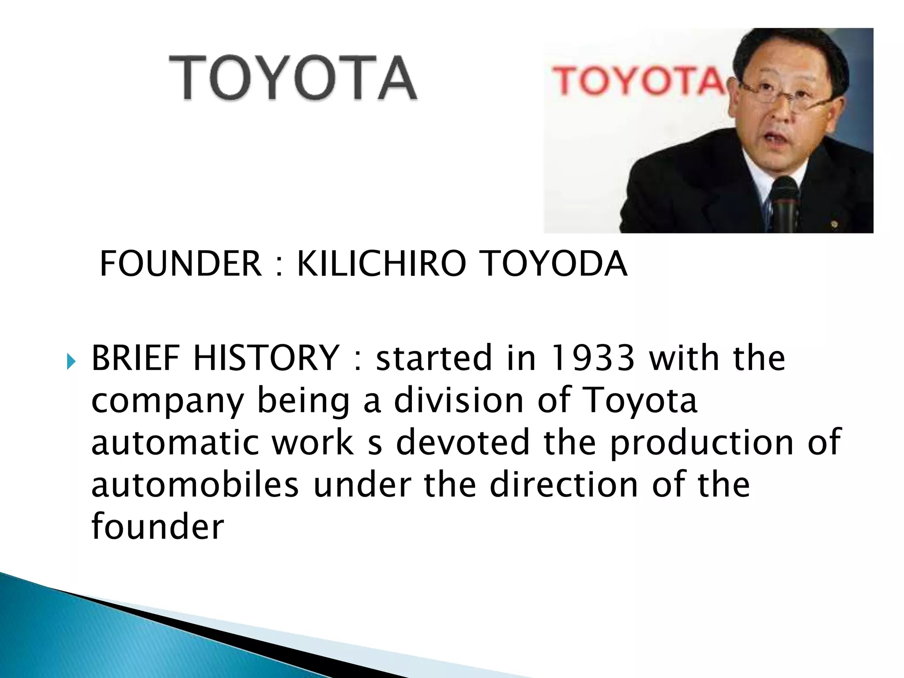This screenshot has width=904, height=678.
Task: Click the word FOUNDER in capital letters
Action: coord(181,264)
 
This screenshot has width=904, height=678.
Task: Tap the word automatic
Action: coord(175,442)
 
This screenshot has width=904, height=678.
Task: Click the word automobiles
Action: coord(195,485)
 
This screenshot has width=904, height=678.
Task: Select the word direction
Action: coord(564,485)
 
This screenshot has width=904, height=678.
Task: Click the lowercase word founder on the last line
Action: coord(158,526)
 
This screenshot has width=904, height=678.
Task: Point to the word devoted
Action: coord(463,442)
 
